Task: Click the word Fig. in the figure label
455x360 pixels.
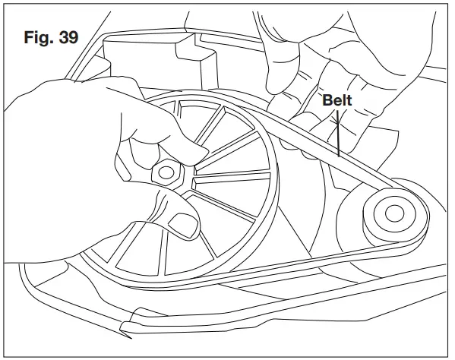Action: [x=39, y=37]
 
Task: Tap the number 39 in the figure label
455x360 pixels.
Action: [x=68, y=37]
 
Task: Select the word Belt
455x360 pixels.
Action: [x=337, y=100]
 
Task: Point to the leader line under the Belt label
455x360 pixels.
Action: [x=335, y=133]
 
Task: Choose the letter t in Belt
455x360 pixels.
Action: [x=350, y=100]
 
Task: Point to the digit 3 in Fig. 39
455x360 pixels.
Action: [x=62, y=37]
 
